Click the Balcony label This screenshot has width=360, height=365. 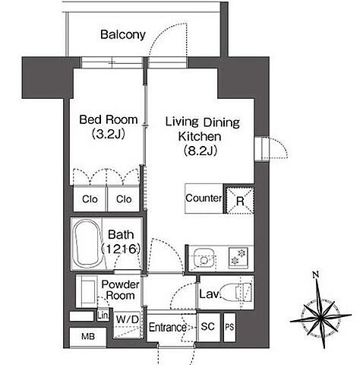[123, 35]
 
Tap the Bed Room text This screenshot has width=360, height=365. [109, 119]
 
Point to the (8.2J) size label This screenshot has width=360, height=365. [201, 151]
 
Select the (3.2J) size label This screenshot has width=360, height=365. [109, 134]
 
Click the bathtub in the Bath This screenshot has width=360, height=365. [87, 243]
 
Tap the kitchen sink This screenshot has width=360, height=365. [204, 259]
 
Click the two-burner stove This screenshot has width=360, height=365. [238, 258]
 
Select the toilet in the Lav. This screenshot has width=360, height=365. [236, 292]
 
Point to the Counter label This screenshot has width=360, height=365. [204, 198]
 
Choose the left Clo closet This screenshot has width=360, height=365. [90, 199]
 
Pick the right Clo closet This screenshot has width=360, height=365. [124, 199]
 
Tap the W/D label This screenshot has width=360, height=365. [128, 319]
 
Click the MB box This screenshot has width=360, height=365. [88, 337]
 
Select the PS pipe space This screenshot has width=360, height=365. [229, 327]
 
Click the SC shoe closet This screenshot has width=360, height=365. [208, 326]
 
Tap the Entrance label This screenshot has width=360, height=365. [168, 327]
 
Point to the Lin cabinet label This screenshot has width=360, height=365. [103, 316]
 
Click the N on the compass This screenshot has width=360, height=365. [315, 275]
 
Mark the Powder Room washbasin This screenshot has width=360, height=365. [87, 292]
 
